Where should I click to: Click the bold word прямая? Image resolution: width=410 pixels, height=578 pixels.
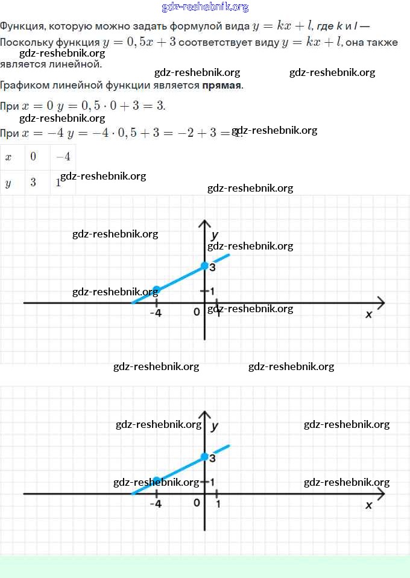222,85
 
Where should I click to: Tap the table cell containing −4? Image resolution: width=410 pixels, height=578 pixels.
63,157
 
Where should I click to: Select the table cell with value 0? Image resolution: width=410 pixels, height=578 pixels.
33,157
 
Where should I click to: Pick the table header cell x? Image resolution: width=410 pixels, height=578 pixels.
8,157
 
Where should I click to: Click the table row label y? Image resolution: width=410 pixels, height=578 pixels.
8,183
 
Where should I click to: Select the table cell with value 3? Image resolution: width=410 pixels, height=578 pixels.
33,183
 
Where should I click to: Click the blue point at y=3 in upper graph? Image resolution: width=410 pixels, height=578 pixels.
204,265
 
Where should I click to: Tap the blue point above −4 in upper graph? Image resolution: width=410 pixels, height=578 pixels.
156,289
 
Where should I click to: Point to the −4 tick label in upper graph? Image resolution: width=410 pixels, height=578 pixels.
156,313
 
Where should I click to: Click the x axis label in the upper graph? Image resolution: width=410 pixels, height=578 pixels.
369,314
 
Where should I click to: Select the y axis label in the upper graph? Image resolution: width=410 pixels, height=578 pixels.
215,234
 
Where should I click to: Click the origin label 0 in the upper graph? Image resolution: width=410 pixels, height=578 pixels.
197,312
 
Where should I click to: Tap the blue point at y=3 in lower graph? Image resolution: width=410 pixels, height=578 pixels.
204,456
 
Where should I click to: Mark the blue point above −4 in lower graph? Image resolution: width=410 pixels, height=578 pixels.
156,480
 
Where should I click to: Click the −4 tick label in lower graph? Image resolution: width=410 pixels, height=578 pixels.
156,504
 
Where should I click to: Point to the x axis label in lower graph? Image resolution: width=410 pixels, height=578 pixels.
369,505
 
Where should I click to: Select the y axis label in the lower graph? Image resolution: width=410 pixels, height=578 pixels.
215,426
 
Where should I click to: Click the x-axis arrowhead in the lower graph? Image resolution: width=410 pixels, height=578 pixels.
380,494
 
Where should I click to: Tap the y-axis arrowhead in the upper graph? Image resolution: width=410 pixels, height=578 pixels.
205,224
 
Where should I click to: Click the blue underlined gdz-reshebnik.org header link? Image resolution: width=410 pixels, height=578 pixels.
205,7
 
